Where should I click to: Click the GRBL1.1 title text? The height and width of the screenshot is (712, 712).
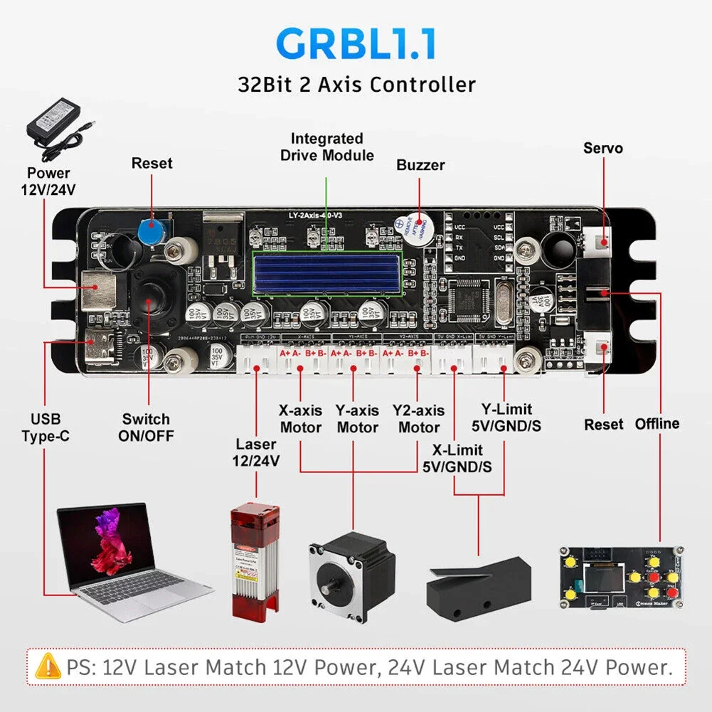pos(356,43)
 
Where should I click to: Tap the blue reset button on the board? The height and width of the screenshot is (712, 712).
pos(150,230)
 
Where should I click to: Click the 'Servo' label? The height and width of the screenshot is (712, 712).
pos(602,148)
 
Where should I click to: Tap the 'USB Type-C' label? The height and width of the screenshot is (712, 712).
pos(45,427)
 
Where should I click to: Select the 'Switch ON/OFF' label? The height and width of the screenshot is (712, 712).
pos(146,427)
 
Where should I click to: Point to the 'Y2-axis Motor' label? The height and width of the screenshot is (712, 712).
pos(418,419)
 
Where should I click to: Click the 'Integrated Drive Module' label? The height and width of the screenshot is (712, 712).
pos(326,147)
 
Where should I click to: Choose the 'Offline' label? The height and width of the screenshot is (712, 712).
pos(657,424)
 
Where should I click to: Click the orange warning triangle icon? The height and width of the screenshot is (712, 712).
pos(48,667)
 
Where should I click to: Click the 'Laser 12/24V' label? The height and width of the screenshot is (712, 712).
pos(257,452)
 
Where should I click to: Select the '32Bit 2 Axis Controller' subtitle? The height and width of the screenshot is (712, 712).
pos(356,85)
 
